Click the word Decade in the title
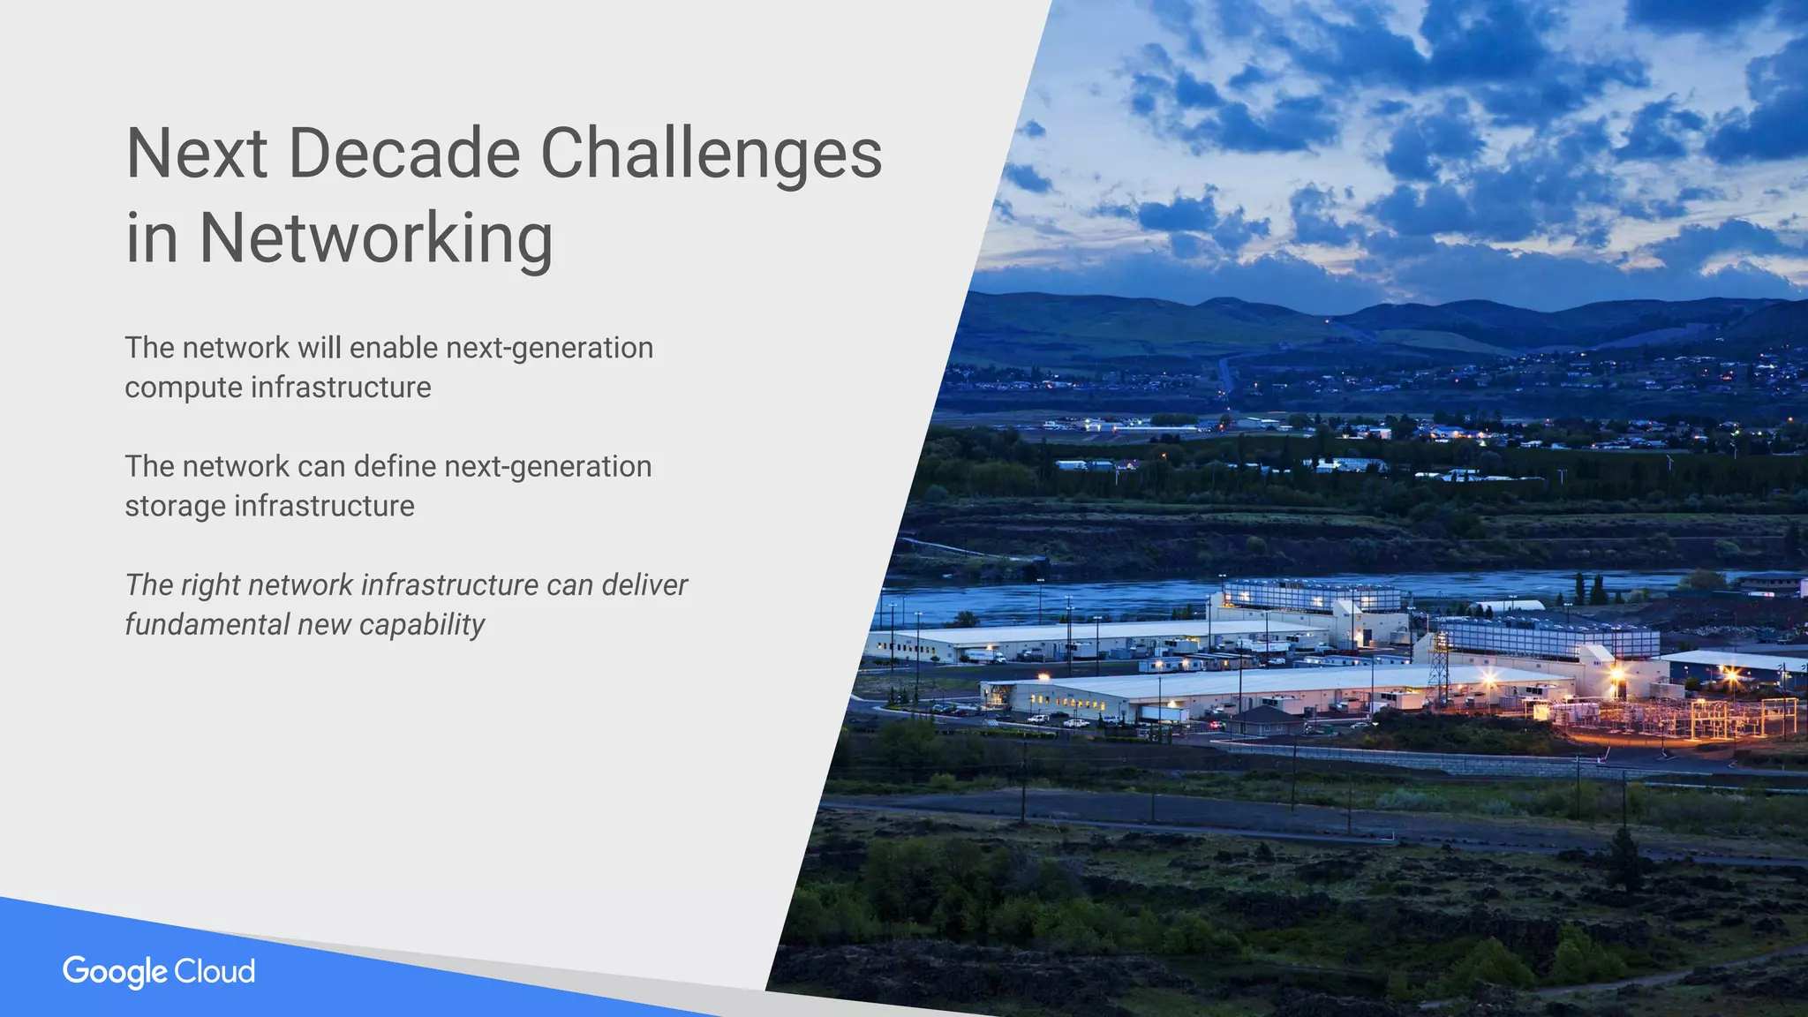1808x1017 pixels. tap(403, 154)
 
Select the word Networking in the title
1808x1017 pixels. tap(376, 238)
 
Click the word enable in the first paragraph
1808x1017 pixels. tap(394, 348)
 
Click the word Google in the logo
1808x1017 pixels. tap(115, 972)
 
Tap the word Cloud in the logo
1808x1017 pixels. tap(215, 971)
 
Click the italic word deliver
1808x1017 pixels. tap(644, 585)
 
